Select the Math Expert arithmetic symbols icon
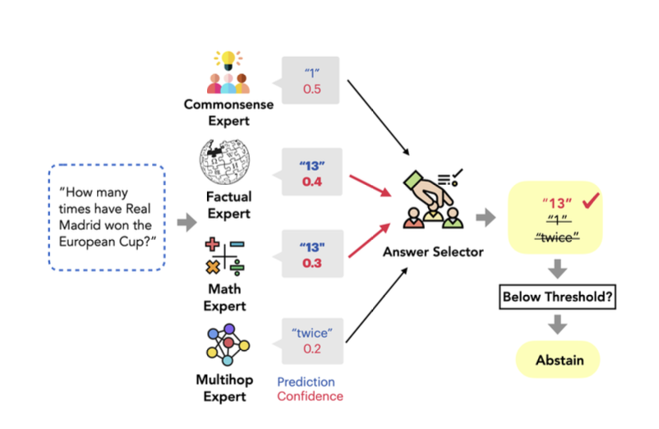(224, 256)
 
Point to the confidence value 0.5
(311, 88)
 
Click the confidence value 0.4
(311, 180)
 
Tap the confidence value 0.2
(311, 349)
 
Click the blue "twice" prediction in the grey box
(311, 332)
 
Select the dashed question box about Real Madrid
(106, 217)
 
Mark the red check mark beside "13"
(589, 202)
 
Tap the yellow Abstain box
(558, 361)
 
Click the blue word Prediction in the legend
(306, 381)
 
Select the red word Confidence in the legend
(310, 396)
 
